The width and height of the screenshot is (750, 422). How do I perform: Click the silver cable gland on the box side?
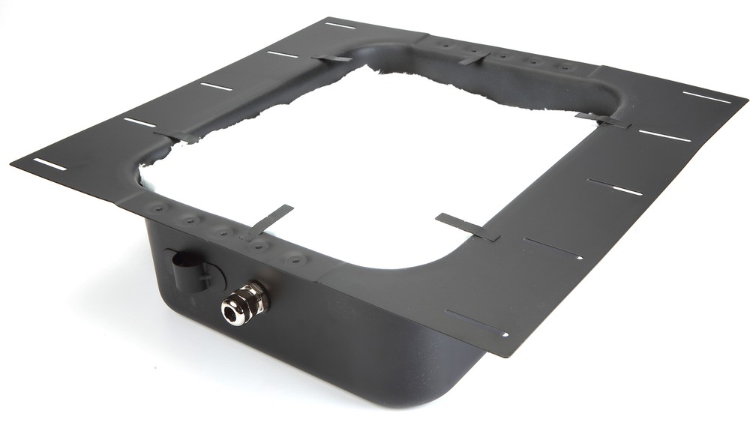244,303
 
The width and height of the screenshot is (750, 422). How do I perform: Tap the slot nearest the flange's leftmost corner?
49,163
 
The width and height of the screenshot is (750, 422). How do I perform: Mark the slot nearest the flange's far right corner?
706,97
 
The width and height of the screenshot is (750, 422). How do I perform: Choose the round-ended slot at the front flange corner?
476,324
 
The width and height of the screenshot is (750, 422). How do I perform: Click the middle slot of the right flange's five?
614,187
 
